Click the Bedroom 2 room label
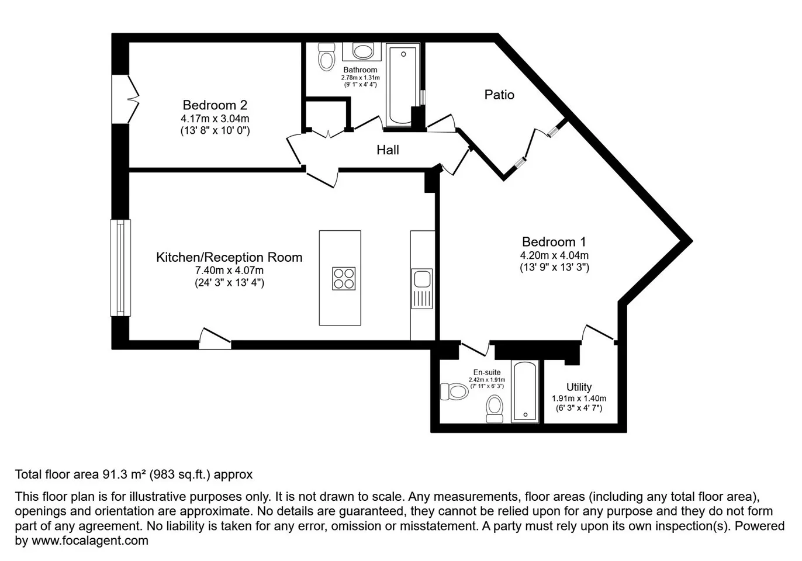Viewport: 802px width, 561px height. pyautogui.click(x=215, y=105)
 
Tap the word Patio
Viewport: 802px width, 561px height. pyautogui.click(x=499, y=95)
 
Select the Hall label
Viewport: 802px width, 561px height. pyautogui.click(x=388, y=150)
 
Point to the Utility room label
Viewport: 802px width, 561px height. pyautogui.click(x=579, y=387)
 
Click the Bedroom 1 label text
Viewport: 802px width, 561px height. pyautogui.click(x=554, y=242)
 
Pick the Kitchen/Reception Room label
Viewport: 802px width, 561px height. pyautogui.click(x=229, y=257)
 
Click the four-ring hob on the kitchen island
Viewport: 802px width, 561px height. pyautogui.click(x=344, y=279)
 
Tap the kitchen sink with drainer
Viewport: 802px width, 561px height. pyautogui.click(x=422, y=289)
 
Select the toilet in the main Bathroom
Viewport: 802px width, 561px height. pyautogui.click(x=326, y=57)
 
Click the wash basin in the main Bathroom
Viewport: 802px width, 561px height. pyautogui.click(x=362, y=51)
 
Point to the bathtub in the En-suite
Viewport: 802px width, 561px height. pyautogui.click(x=525, y=392)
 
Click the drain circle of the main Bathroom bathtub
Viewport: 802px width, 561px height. pyautogui.click(x=403, y=54)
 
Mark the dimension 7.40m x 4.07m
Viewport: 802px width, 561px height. pyautogui.click(x=229, y=270)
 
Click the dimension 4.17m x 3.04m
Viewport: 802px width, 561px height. pyautogui.click(x=215, y=119)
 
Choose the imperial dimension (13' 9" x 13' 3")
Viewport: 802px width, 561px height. pyautogui.click(x=554, y=268)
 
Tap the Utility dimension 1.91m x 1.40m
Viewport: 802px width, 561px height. pyautogui.click(x=579, y=399)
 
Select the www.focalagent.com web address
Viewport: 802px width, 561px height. pyautogui.click(x=90, y=540)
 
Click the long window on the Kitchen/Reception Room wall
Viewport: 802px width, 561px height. pyautogui.click(x=120, y=268)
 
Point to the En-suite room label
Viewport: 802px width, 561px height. pyautogui.click(x=487, y=372)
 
